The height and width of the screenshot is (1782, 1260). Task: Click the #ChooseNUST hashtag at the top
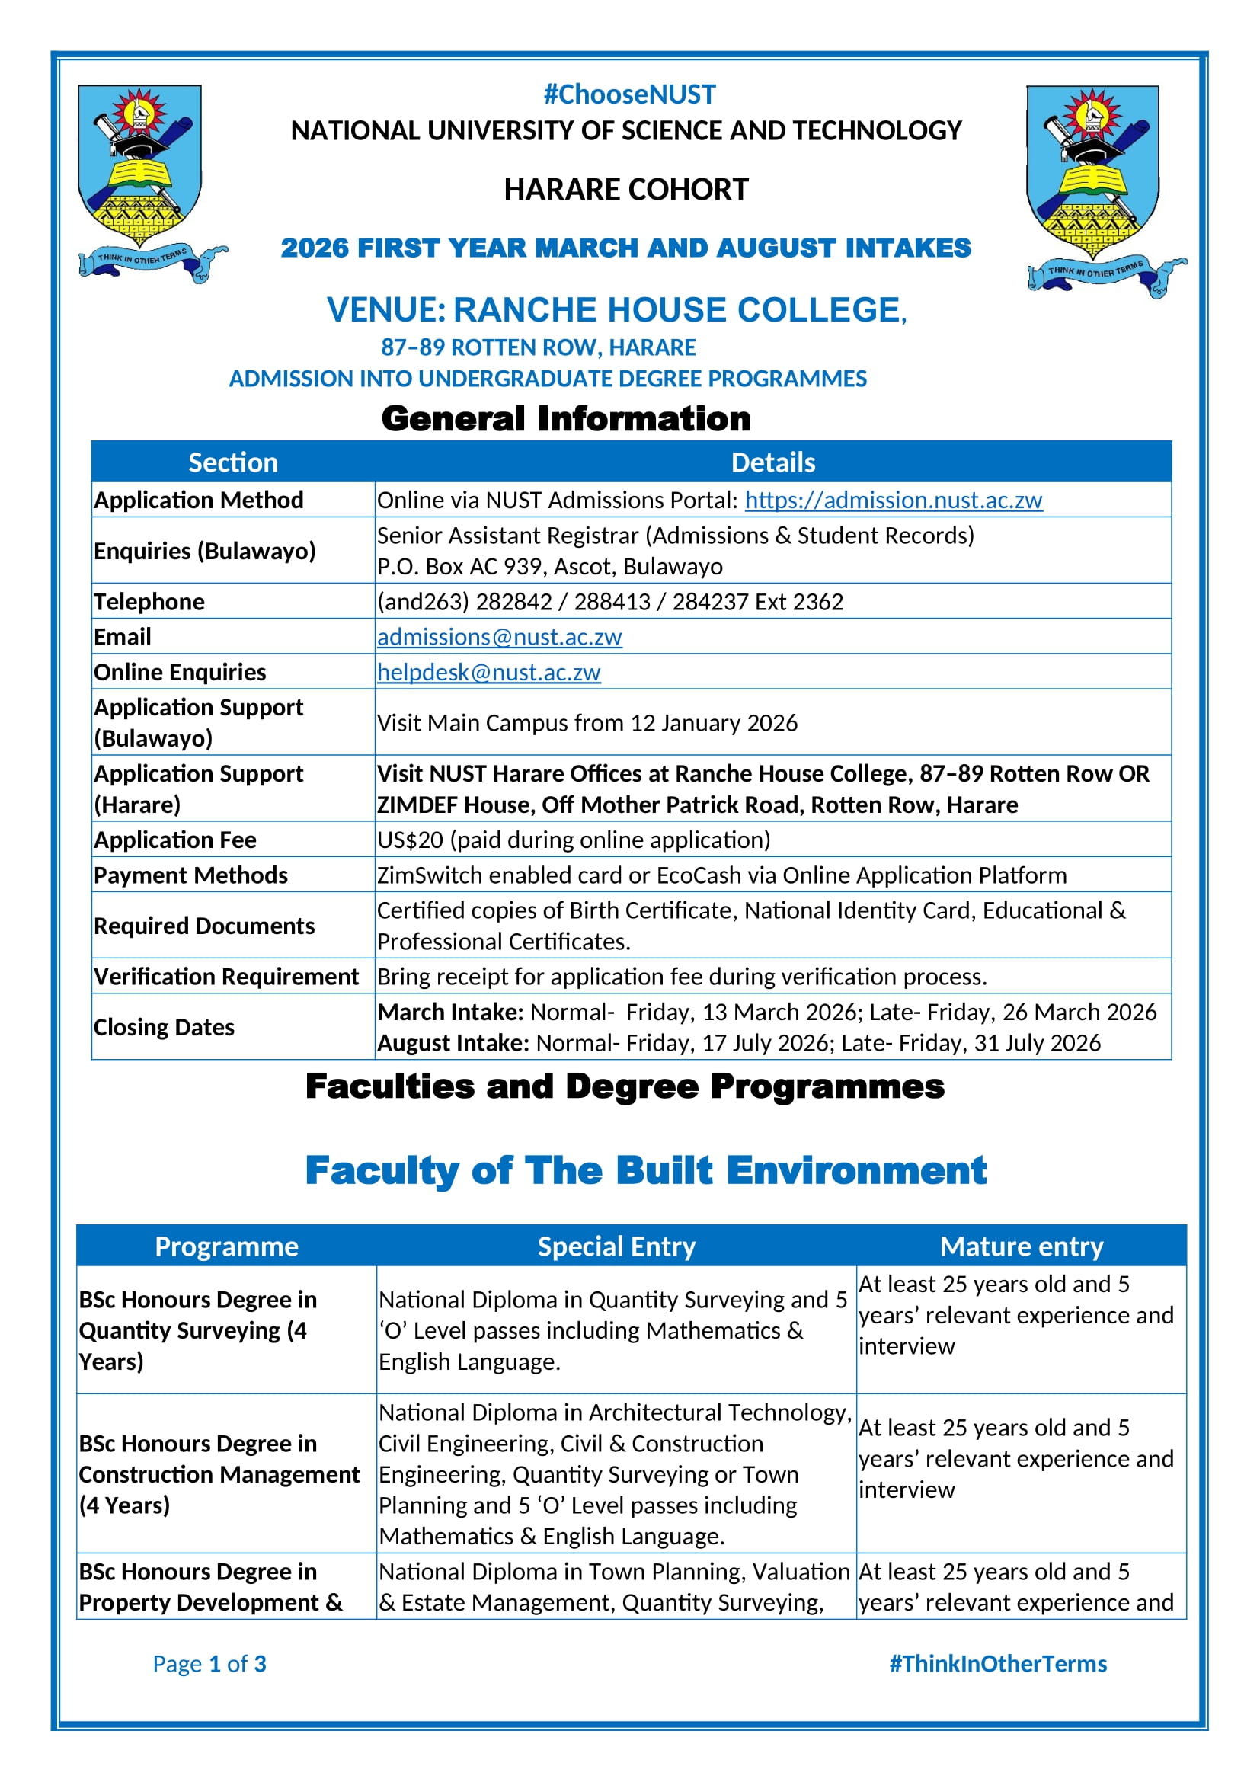629,94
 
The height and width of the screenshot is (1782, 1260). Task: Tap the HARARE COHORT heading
626,190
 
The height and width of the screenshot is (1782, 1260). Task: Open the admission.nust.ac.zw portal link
893,500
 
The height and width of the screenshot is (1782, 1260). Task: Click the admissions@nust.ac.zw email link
499,636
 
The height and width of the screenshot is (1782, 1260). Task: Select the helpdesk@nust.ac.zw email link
489,671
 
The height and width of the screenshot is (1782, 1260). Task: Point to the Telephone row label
149,602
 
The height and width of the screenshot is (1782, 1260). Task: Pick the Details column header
772,462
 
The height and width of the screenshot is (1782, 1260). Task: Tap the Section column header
233,462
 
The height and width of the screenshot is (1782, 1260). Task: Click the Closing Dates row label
164,1027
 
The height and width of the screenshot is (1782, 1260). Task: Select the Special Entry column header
616,1246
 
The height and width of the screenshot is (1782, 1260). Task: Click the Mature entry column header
1021,1246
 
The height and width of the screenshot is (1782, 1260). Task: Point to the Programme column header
226,1246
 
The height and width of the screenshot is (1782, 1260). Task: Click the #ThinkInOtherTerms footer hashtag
998,1663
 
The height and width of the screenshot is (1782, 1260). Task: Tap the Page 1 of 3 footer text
209,1663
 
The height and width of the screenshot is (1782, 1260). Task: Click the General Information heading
565,419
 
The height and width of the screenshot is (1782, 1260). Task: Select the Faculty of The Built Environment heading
645,1170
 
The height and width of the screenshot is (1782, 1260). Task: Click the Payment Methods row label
191,875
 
